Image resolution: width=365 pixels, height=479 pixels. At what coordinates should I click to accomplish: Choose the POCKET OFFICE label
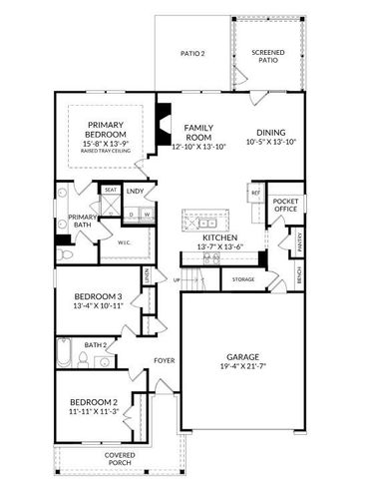(286, 206)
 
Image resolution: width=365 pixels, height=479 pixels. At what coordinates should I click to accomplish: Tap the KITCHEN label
(218, 239)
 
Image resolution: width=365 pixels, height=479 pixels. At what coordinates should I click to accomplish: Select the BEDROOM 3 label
(98, 296)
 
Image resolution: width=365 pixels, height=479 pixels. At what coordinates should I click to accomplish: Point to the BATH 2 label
(96, 345)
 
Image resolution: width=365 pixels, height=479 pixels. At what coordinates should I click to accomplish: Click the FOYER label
(165, 360)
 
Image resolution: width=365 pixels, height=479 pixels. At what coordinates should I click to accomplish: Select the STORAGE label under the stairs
(243, 279)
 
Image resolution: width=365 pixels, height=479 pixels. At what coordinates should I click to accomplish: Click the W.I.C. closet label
(126, 240)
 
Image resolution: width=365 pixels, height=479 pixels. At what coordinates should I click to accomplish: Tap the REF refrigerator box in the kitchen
(255, 193)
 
